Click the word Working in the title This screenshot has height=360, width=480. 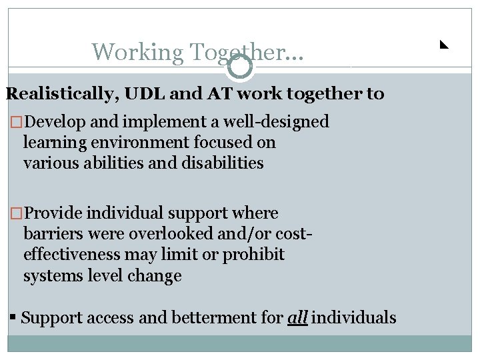click(x=137, y=52)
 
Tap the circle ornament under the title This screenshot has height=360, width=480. click(x=240, y=67)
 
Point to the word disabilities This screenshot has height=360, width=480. click(x=223, y=163)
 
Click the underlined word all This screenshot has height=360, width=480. click(x=297, y=318)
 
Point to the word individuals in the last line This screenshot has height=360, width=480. click(x=354, y=318)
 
